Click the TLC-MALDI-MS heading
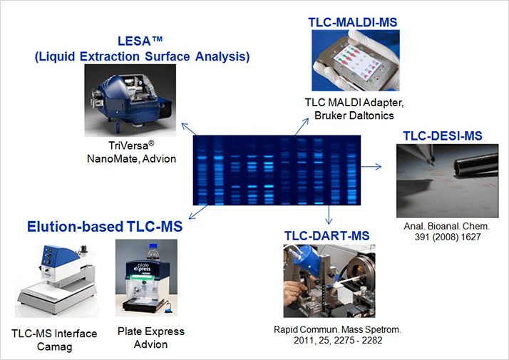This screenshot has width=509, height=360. coord(353,22)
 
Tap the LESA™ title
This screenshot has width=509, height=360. coord(140,41)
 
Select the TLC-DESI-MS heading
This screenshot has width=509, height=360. coord(443,135)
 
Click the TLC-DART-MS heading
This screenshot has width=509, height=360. coord(327,236)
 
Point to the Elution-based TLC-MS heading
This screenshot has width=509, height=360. coord(105,227)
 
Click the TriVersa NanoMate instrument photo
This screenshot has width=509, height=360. coord(130,101)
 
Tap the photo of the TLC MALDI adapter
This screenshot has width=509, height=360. coord(356,61)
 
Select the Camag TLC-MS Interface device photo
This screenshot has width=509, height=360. coord(57,278)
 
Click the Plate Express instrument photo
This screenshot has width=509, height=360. coord(146,278)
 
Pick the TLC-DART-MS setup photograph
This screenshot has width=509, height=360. coord(329,281)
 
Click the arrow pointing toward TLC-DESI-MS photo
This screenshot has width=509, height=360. coord(371,167)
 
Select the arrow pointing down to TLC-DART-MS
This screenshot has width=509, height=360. coord(329,215)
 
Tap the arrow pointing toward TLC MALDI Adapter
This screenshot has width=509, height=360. coord(302,127)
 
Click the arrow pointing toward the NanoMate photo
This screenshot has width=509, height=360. coord(189,129)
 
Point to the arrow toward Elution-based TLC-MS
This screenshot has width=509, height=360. coord(197,212)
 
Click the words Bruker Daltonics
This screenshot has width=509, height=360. coord(354,115)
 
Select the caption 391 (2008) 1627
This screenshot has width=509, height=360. coord(447,237)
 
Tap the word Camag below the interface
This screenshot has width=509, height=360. coord(54,346)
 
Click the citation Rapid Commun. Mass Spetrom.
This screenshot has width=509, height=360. coord(338,329)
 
